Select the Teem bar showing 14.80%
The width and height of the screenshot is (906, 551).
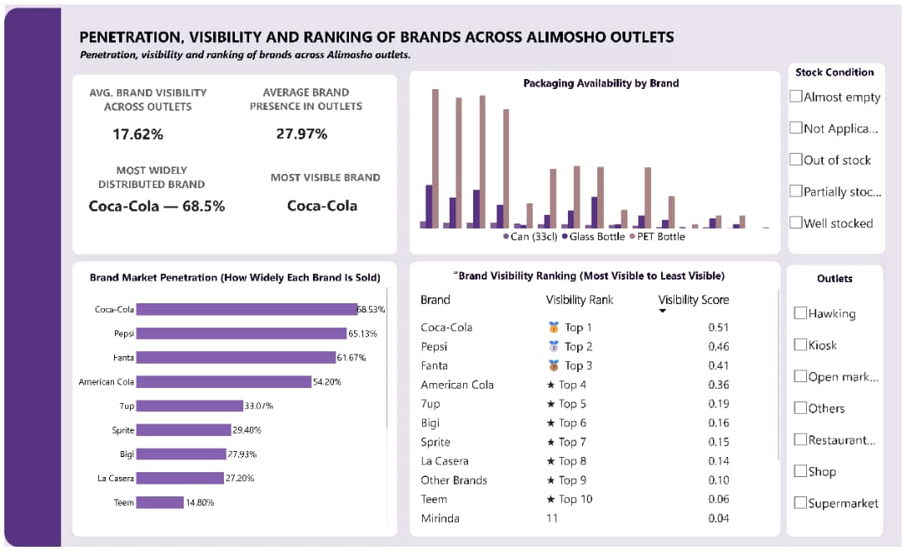pos(159,502)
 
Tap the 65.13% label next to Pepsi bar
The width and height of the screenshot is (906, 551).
pos(362,333)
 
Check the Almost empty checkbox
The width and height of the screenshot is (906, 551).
pos(796,97)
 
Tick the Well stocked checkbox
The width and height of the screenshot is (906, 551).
pos(796,223)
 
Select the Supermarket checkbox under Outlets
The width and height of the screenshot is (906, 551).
pos(800,503)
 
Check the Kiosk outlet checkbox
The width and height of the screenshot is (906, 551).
pos(800,345)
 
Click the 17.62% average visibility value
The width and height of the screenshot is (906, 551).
pos(138,134)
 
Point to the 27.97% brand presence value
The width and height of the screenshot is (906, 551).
pos(301,134)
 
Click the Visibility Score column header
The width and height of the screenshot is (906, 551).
pos(693,300)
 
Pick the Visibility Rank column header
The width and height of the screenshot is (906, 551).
pos(580,300)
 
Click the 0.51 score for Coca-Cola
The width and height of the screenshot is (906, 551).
pos(717,328)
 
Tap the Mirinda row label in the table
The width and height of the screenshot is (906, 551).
pos(440,518)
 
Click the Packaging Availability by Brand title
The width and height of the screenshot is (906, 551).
pos(601,83)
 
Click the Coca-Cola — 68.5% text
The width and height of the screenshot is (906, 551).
pos(156,206)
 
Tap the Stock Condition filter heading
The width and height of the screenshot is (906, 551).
pos(834,72)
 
